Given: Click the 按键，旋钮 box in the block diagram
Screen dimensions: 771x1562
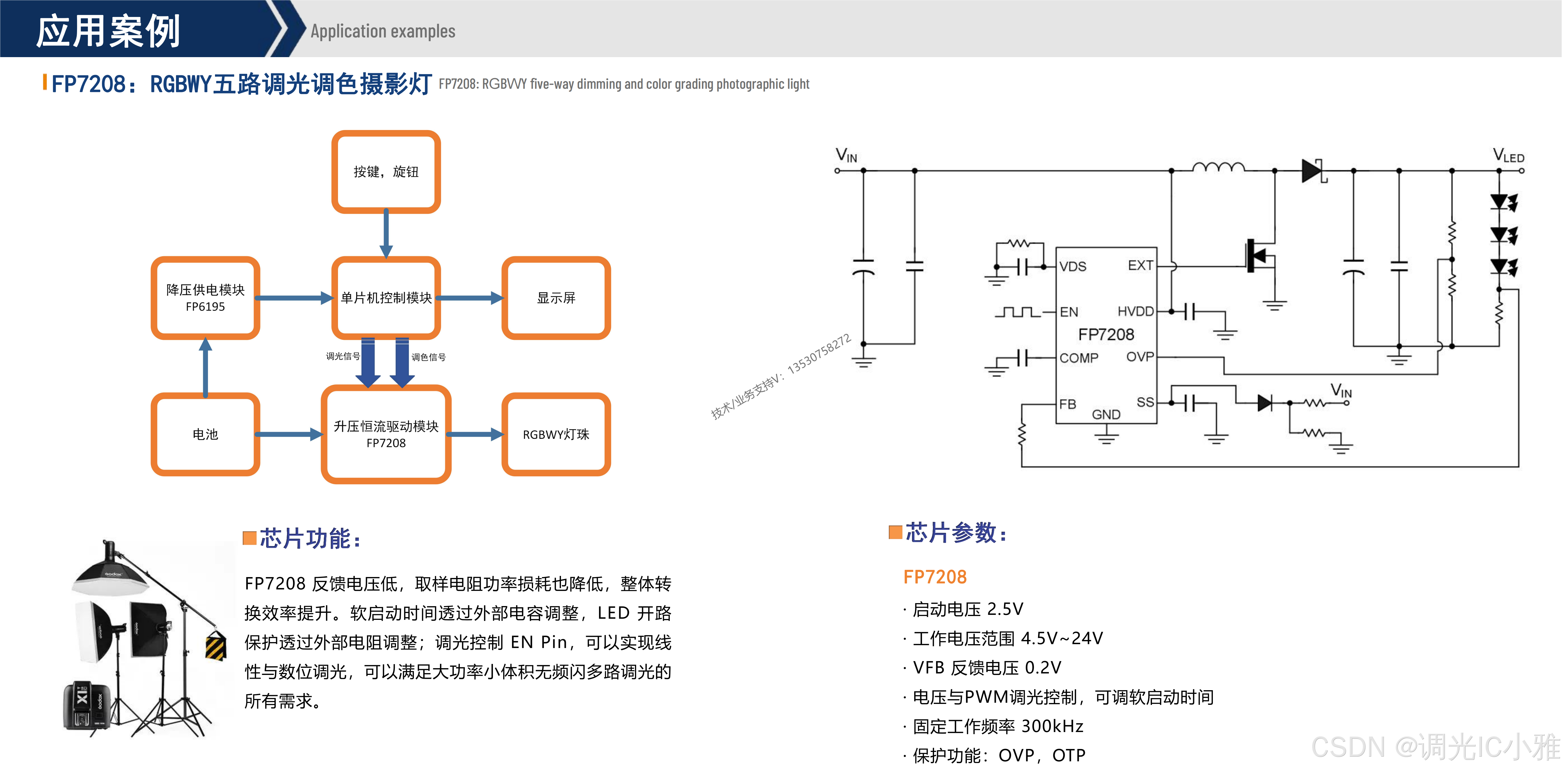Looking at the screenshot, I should click(386, 172).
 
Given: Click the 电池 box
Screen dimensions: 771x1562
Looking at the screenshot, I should click(206, 434).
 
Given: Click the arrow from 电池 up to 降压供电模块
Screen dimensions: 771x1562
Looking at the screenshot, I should click(206, 367).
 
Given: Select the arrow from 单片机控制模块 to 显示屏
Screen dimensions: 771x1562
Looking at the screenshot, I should click(470, 298).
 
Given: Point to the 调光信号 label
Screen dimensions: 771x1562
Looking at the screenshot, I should click(343, 356).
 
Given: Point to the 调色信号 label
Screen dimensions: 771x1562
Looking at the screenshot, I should click(429, 357).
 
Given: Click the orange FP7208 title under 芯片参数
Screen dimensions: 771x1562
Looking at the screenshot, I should click(934, 576).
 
